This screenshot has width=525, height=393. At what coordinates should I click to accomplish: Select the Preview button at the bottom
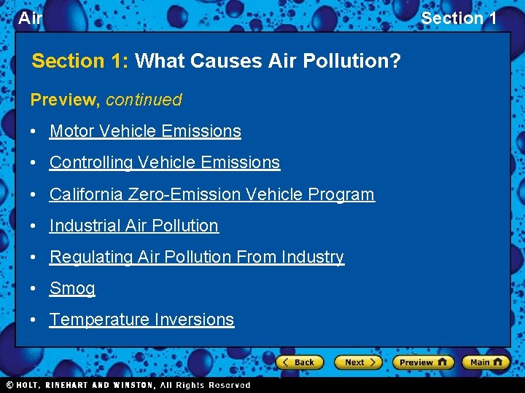pos(423,362)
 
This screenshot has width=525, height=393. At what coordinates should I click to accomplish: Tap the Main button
pos(486,362)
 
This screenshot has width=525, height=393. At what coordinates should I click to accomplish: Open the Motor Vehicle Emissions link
pos(145,131)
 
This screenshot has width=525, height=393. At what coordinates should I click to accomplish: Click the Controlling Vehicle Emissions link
pos(165,162)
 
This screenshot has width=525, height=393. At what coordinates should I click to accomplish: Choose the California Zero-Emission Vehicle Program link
pos(211,194)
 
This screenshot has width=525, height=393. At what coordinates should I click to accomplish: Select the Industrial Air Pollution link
pos(134,226)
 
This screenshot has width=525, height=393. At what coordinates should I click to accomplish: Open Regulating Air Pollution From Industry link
pos(197,257)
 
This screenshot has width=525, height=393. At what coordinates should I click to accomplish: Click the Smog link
pos(72,288)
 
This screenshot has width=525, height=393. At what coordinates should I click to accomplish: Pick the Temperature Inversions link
pos(141,319)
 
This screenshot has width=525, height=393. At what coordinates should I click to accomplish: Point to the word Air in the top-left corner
pos(30,18)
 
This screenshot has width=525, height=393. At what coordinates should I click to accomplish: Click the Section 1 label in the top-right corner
pos(459,18)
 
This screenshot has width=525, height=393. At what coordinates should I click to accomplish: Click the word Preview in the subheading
pos(64,100)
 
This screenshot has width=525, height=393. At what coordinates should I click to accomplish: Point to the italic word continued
pos(144,100)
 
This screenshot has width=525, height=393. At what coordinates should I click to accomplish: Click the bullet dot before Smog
pos(34,289)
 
